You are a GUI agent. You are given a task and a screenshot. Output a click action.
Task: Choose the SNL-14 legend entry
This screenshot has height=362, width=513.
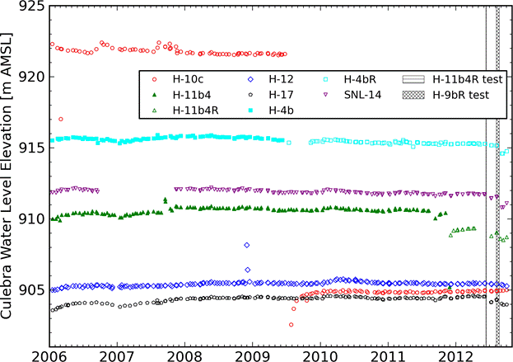click(x=369, y=95)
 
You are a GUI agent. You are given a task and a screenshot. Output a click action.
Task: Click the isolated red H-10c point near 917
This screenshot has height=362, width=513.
click(x=61, y=120)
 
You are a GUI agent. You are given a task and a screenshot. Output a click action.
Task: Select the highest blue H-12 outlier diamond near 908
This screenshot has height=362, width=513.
click(x=247, y=245)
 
